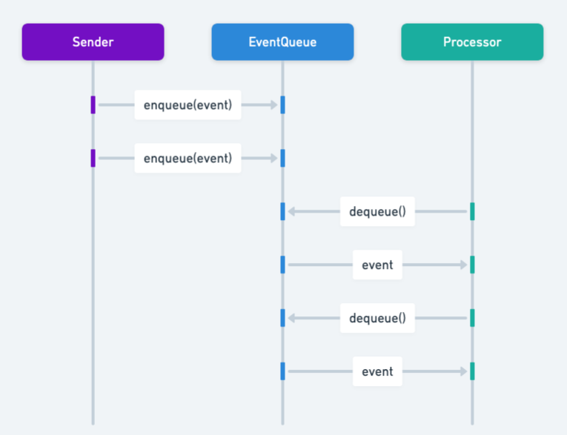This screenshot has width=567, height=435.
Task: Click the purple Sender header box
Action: (93, 42)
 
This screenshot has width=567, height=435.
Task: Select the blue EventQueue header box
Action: (282, 42)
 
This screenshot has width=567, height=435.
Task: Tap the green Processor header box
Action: (472, 42)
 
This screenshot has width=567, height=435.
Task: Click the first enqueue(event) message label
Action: (188, 105)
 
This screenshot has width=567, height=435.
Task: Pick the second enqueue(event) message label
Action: (188, 158)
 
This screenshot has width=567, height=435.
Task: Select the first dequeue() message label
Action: (377, 212)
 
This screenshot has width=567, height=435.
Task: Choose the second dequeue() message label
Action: (377, 318)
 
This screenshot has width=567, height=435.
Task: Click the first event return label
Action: (377, 265)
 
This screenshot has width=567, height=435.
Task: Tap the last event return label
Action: (377, 371)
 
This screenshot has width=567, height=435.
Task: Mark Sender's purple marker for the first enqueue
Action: (93, 105)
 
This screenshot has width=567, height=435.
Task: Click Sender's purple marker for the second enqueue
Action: (93, 158)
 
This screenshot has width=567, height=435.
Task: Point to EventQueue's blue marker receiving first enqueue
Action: (282, 105)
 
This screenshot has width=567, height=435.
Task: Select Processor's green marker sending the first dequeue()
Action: (472, 212)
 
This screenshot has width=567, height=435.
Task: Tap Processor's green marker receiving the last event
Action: (472, 371)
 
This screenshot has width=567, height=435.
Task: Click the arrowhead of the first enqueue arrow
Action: (274, 105)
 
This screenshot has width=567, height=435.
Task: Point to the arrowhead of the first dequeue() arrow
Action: (291, 212)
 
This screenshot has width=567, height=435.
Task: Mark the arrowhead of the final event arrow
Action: (464, 371)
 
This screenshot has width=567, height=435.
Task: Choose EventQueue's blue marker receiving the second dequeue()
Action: (282, 318)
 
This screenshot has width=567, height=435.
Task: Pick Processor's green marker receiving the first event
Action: (472, 265)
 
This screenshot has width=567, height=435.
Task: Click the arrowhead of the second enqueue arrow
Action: (274, 158)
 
